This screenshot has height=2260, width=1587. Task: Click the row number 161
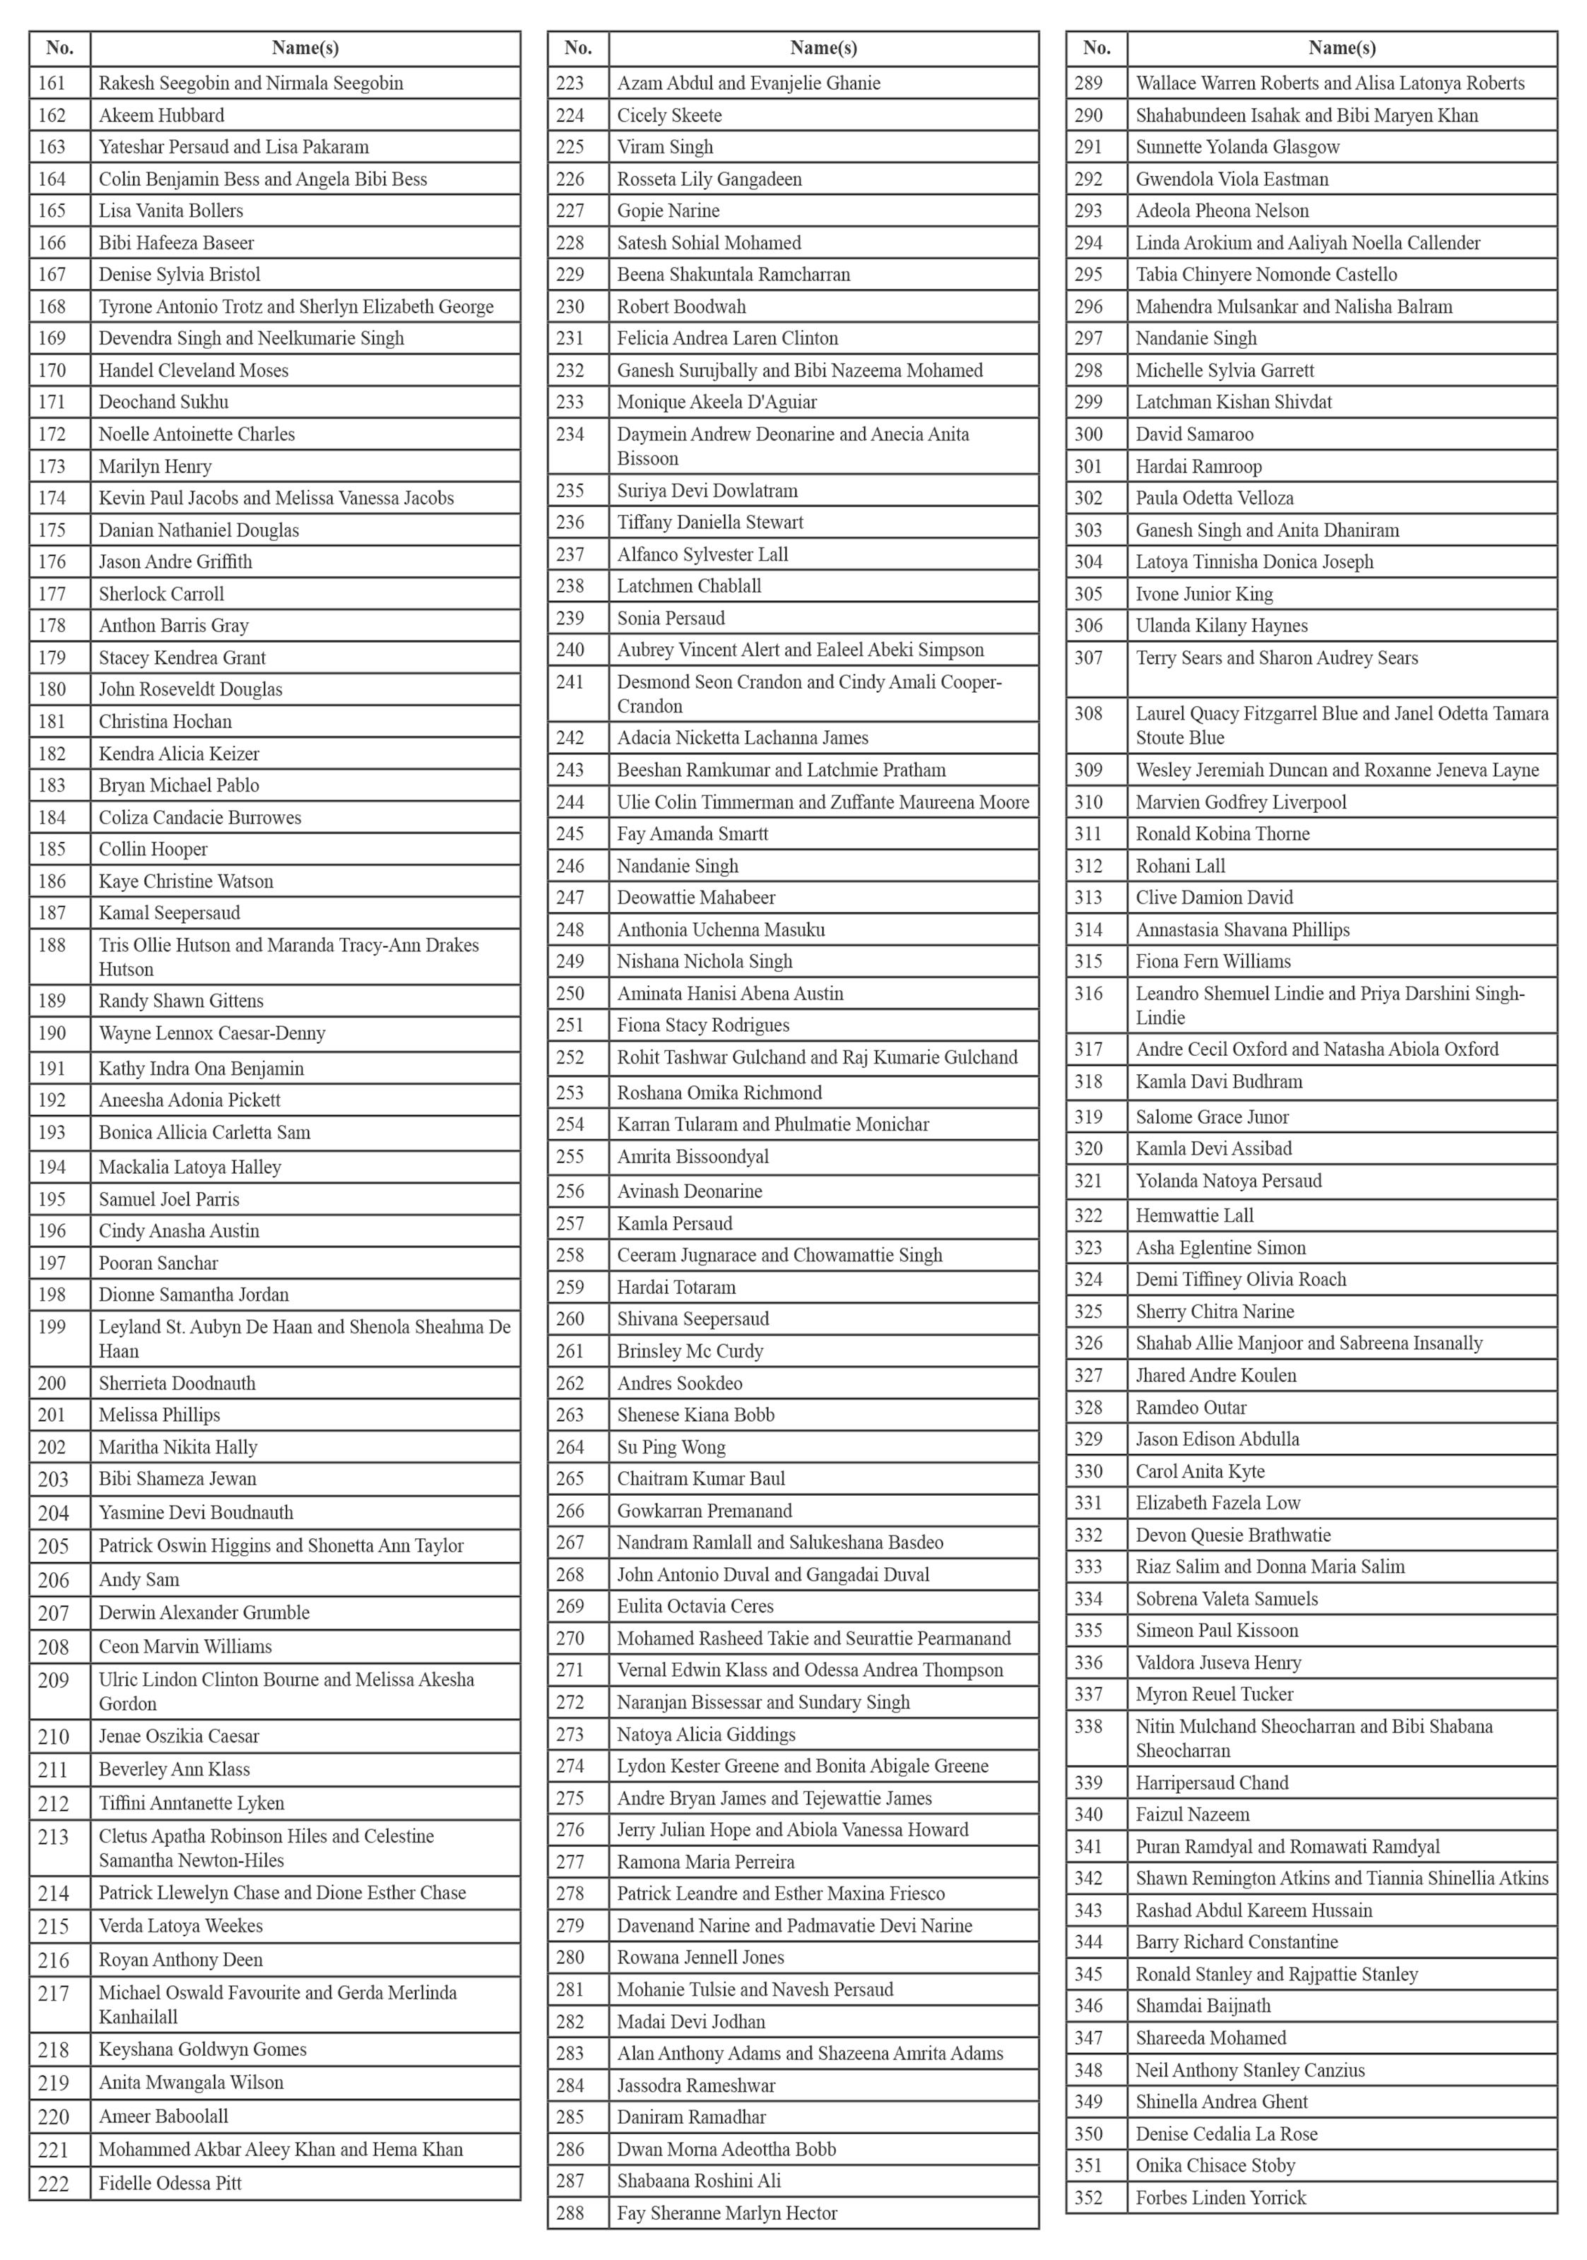click(52, 83)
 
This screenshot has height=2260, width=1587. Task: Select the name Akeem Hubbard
click(162, 115)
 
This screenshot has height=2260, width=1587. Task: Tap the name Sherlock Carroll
click(162, 593)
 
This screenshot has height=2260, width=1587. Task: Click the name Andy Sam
click(138, 1579)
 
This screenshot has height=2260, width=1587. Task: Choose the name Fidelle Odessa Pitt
click(170, 2183)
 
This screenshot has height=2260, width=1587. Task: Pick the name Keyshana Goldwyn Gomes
click(203, 2050)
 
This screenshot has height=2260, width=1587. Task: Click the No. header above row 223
click(578, 47)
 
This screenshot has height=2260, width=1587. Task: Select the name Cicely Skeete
click(669, 115)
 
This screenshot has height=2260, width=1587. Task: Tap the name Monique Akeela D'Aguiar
click(716, 402)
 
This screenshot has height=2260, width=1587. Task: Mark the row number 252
click(570, 1057)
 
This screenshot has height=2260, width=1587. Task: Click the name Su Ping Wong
click(671, 1447)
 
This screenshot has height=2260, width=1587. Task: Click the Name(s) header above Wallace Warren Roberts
click(1342, 47)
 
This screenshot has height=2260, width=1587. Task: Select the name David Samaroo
click(1194, 434)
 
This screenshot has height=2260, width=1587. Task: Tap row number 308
click(1089, 713)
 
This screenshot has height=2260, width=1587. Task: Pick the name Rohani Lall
click(1181, 866)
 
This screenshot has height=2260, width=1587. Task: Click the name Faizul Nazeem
click(1192, 1814)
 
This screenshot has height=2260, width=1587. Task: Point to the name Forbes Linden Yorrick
click(1221, 2197)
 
